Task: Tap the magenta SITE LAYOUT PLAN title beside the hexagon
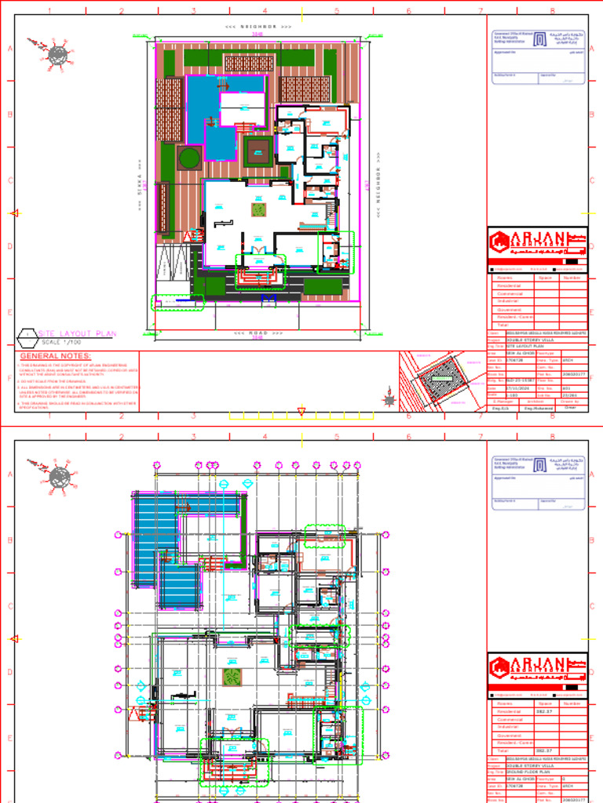point(77,334)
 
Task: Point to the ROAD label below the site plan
point(258,332)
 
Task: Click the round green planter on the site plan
point(189,158)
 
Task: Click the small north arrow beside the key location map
point(390,400)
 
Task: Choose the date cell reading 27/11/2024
point(520,387)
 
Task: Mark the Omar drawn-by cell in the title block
point(572,409)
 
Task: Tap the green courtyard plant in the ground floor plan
point(232,677)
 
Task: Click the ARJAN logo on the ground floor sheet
point(537,668)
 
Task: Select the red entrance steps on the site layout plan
point(258,276)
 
